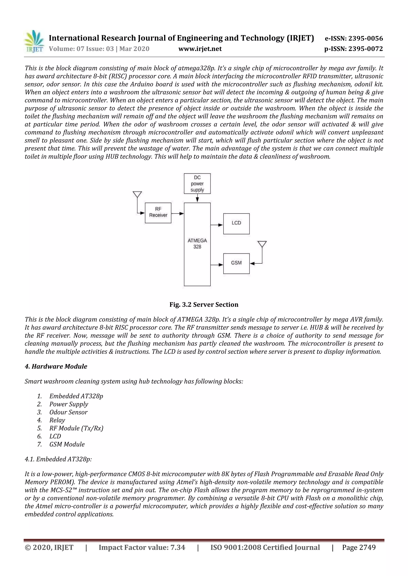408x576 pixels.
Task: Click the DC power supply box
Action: click(197, 184)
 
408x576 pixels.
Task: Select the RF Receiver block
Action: click(158, 213)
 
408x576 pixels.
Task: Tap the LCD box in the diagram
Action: click(236, 224)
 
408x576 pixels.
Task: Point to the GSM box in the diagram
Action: click(236, 263)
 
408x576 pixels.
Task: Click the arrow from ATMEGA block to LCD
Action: click(217, 225)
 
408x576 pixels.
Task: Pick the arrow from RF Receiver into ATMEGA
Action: click(178, 213)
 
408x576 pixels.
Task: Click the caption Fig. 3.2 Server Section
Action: click(204, 305)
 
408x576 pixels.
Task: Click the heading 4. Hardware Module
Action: click(56, 367)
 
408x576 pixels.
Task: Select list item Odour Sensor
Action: click(68, 412)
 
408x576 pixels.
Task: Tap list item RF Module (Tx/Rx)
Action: click(76, 428)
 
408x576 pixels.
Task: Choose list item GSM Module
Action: click(67, 444)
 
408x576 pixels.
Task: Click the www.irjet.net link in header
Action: click(200, 49)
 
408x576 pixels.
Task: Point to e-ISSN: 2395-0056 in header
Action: click(354, 38)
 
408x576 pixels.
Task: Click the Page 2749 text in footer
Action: click(359, 547)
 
